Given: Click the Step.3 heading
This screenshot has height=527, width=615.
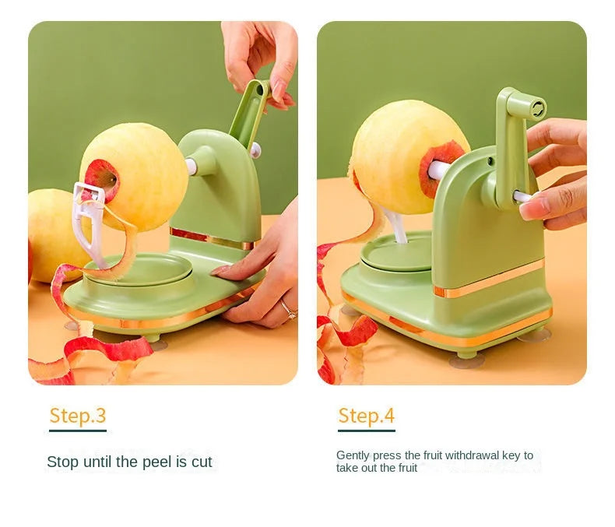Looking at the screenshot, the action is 78,416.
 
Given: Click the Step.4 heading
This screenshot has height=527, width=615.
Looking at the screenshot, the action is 367,416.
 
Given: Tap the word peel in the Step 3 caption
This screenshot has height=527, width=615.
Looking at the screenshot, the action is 157,462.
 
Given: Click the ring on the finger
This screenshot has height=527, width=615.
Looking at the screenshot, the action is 289,310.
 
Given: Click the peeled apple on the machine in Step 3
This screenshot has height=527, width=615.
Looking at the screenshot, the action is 133,177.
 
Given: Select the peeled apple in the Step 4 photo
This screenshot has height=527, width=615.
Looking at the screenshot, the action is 408,156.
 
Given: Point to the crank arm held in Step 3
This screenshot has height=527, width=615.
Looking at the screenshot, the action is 249,113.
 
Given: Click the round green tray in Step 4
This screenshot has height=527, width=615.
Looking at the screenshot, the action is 397,253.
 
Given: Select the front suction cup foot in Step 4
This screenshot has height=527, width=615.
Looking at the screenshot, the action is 467,360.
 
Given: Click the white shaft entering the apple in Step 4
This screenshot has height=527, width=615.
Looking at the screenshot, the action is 438,170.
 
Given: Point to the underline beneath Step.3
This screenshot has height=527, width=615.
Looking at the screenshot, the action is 78,430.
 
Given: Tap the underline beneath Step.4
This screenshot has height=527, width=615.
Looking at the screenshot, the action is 367,430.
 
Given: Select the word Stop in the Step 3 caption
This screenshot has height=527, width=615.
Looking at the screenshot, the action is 61,462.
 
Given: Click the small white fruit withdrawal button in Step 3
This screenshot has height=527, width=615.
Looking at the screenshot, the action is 255,150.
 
